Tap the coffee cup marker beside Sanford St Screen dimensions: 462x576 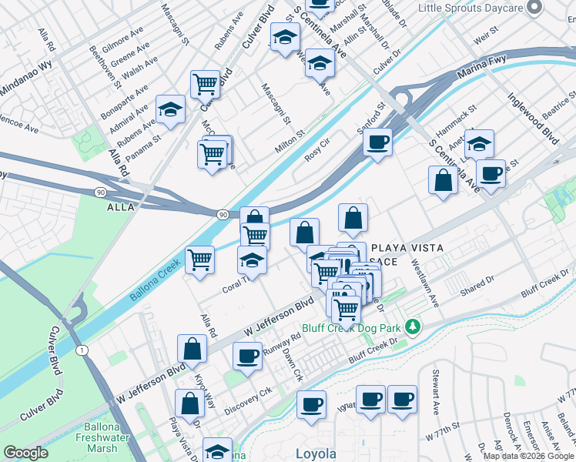[x=377, y=143]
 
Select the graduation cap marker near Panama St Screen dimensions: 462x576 [x=171, y=109]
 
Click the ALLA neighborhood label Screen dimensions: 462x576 [x=120, y=207]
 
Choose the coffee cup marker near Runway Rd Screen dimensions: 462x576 [x=247, y=357]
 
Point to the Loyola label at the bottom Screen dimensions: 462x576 [x=316, y=454]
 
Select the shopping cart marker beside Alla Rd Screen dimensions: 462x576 [x=199, y=259]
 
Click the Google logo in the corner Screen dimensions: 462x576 [x=25, y=453]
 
